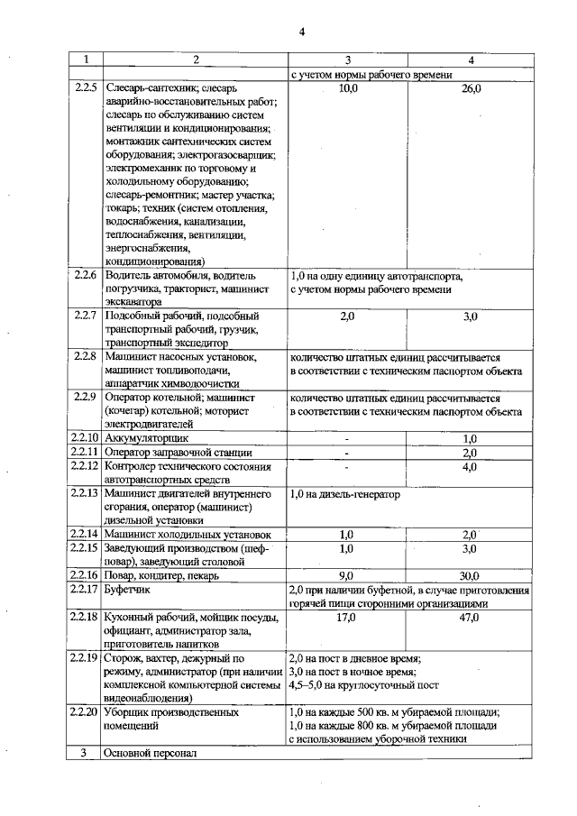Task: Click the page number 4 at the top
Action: point(302,33)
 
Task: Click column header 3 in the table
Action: point(347,60)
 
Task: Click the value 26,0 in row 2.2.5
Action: point(471,89)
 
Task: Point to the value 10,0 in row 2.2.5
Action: point(347,89)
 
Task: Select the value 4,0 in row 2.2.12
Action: point(470,467)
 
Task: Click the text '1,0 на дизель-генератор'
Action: point(344,495)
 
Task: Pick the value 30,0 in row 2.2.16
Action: point(470,575)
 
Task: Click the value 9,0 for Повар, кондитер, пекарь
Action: point(346,575)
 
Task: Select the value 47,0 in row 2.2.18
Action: point(470,618)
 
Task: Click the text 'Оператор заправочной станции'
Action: point(176,452)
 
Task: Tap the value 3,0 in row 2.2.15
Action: point(470,548)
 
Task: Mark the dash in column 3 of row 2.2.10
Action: point(346,438)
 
